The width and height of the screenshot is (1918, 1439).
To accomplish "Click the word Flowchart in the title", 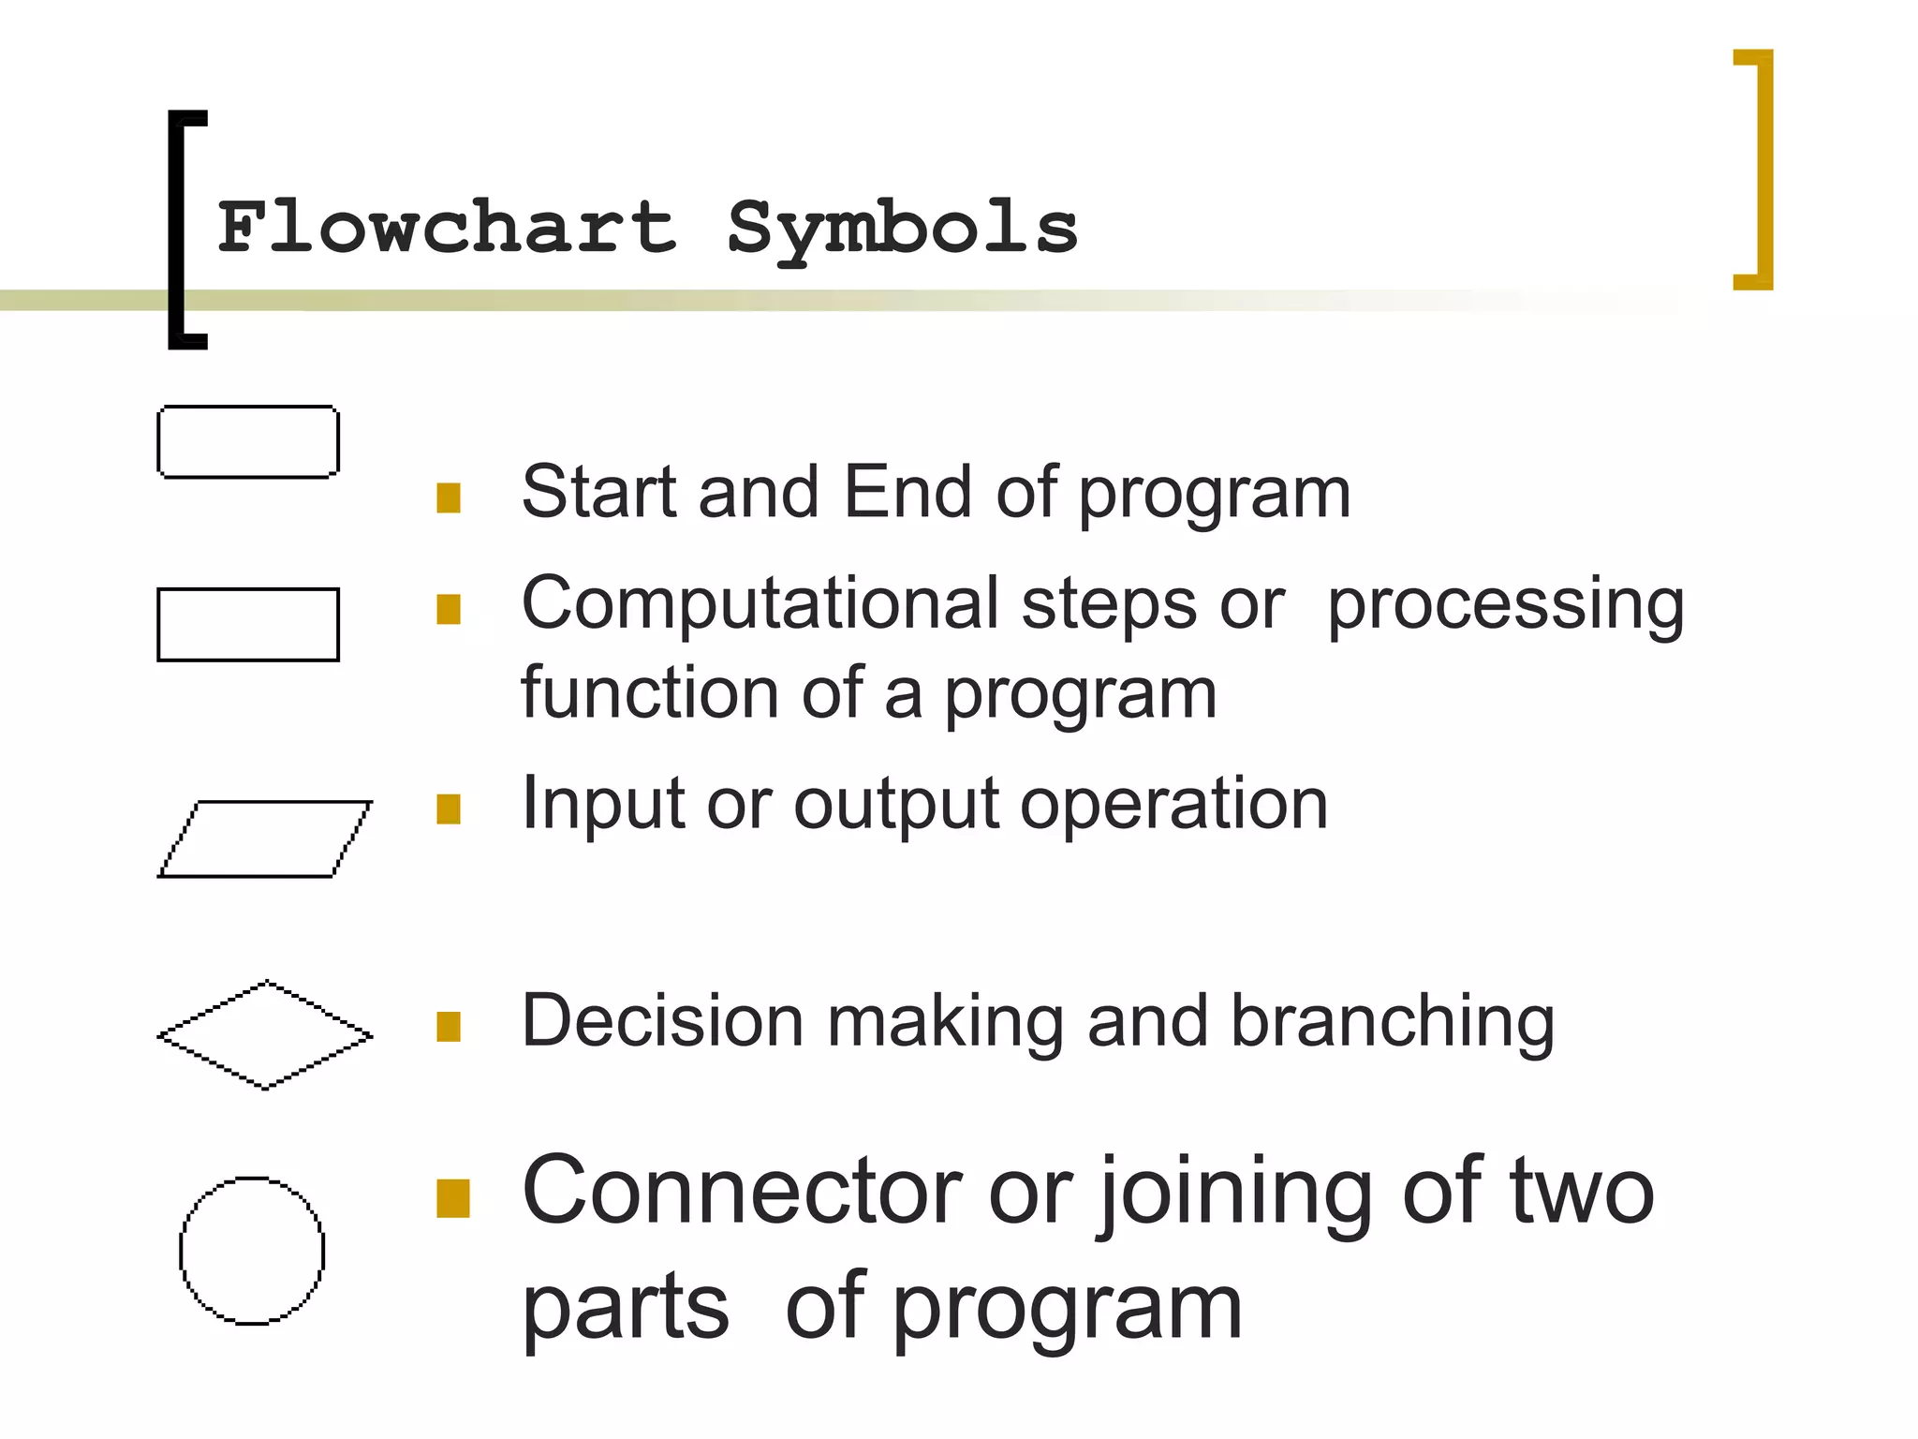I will pyautogui.click(x=447, y=227).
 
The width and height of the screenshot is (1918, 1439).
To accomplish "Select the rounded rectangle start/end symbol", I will pyautogui.click(x=248, y=442).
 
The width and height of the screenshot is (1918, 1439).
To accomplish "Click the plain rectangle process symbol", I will pyautogui.click(x=248, y=625).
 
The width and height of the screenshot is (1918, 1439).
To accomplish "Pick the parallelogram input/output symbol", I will pyautogui.click(x=265, y=839).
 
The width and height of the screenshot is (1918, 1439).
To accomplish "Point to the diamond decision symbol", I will pyautogui.click(x=265, y=1035).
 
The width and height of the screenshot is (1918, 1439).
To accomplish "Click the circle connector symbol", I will pyautogui.click(x=252, y=1251).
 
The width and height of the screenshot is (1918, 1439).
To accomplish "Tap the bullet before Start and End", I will pyautogui.click(x=449, y=497).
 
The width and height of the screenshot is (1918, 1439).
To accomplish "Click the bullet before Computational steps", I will pyautogui.click(x=449, y=609).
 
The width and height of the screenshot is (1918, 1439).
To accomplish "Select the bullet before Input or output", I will pyautogui.click(x=449, y=809).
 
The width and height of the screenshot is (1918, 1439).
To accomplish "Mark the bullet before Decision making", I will pyautogui.click(x=449, y=1026).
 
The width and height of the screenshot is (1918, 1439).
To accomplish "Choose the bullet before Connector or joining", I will pyautogui.click(x=453, y=1198).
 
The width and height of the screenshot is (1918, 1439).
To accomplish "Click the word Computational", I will pyautogui.click(x=760, y=603).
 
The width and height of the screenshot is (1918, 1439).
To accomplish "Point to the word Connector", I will pyautogui.click(x=742, y=1192).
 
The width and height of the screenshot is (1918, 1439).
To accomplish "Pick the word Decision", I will pyautogui.click(x=662, y=1021).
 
